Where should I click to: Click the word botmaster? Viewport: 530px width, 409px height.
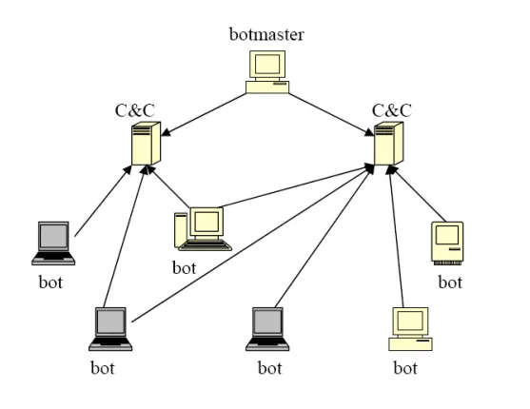266,34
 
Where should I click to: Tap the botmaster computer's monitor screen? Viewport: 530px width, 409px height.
267,64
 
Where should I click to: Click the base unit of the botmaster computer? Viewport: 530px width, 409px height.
267,87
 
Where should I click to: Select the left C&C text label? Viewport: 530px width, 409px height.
135,110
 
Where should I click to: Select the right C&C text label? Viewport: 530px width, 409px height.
392,110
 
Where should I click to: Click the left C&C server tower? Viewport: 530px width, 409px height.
146,144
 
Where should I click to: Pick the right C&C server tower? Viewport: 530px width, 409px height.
389,144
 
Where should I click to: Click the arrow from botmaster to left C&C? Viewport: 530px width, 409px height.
204,114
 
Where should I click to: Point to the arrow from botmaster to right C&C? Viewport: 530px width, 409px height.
331,114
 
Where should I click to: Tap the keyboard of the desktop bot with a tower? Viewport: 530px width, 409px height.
206,245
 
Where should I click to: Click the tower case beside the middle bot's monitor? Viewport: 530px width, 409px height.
181,230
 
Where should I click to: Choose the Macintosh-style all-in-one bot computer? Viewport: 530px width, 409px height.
447,243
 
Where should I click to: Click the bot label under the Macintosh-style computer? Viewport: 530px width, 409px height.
450,282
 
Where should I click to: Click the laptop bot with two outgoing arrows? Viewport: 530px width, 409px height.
110,329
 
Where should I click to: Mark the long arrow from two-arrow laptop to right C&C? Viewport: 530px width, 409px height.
253,243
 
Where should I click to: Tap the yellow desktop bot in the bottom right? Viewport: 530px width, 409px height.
410,329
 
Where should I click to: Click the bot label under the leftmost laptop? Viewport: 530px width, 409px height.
50,282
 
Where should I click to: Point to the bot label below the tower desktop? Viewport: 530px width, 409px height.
185,267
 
